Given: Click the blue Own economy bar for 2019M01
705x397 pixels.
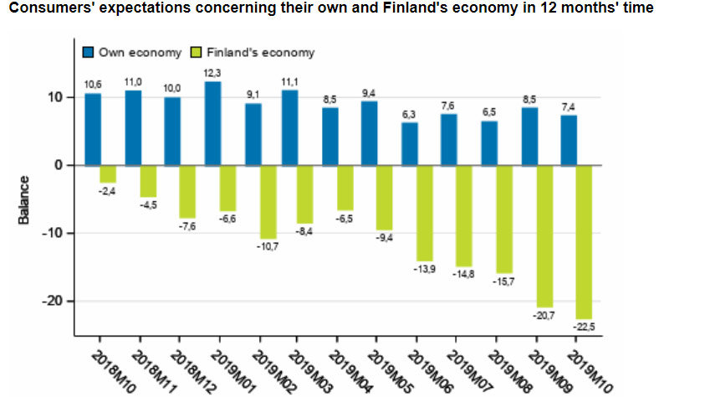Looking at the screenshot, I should [x=212, y=123].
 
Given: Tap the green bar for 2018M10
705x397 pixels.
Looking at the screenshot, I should [x=107, y=173].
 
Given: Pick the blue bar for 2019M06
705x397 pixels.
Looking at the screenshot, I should [x=409, y=144].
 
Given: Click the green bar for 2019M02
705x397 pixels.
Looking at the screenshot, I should [x=268, y=202].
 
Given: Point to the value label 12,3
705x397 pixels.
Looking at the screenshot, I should [x=212, y=74].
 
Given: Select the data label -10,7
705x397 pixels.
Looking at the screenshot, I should [x=267, y=246].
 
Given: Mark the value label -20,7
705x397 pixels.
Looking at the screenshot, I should [x=544, y=315].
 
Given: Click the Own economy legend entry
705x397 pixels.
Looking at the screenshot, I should [x=132, y=52].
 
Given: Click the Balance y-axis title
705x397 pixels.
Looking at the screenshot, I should [x=24, y=199].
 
